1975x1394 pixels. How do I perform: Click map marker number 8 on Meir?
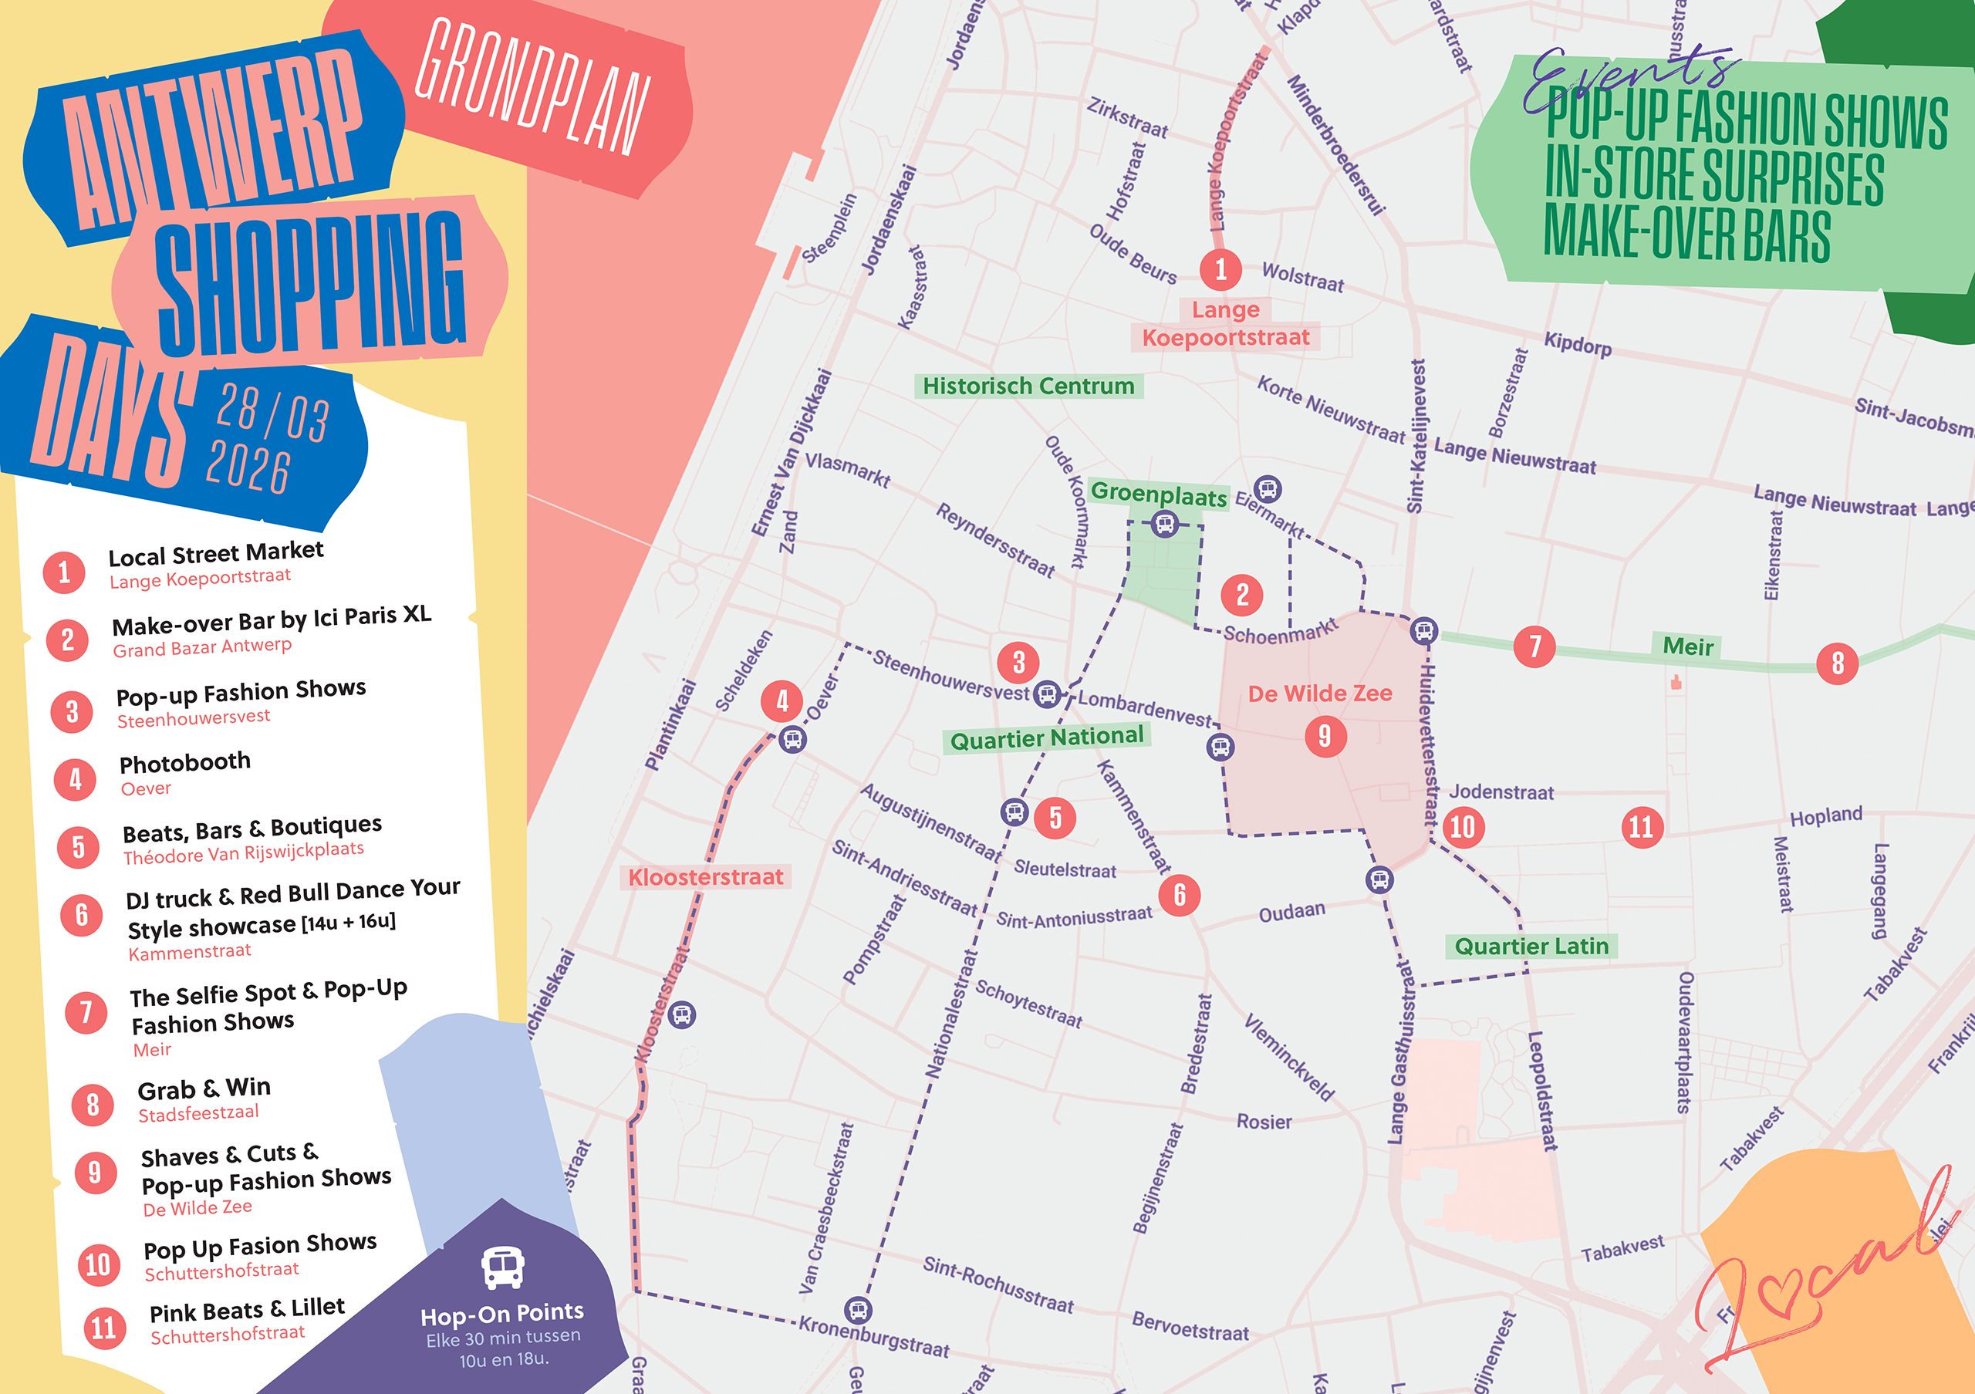coord(1836,663)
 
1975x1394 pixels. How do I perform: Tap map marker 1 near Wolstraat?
coord(1220,269)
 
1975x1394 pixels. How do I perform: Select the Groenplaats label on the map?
coord(1158,494)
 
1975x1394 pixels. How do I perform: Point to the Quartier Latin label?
coord(1531,946)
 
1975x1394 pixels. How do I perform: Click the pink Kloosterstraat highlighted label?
coord(705,877)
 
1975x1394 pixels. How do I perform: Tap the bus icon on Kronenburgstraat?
coord(858,1310)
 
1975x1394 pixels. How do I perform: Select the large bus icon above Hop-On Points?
coord(502,1267)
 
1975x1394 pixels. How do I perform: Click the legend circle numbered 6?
coord(82,914)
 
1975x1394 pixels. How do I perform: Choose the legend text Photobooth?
coord(185,762)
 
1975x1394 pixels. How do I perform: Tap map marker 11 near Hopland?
coord(1641,826)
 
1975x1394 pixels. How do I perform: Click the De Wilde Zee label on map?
coord(1319,693)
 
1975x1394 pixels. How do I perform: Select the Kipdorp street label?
coord(1577,344)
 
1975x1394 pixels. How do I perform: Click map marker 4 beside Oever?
coord(782,701)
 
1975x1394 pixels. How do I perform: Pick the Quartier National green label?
coord(1046,738)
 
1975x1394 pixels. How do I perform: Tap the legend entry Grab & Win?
coord(204,1089)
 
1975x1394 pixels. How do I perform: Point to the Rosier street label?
coord(1264,1122)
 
